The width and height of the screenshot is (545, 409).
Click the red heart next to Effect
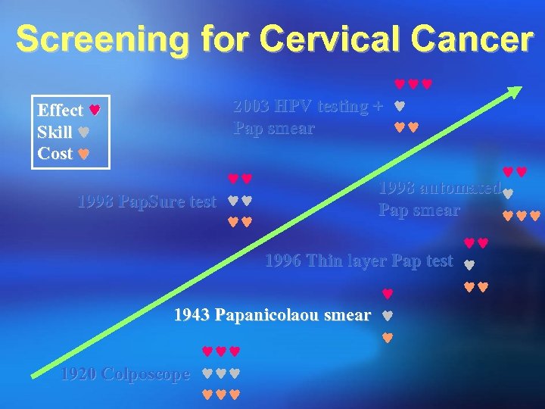click(94, 111)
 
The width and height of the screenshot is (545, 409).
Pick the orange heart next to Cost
click(84, 154)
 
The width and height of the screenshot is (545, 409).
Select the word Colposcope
click(148, 374)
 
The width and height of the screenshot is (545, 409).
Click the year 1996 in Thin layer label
click(283, 262)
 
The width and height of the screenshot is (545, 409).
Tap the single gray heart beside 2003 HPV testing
click(400, 107)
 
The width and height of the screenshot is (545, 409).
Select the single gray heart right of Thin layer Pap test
click(469, 264)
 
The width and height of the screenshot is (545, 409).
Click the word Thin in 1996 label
click(325, 262)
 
